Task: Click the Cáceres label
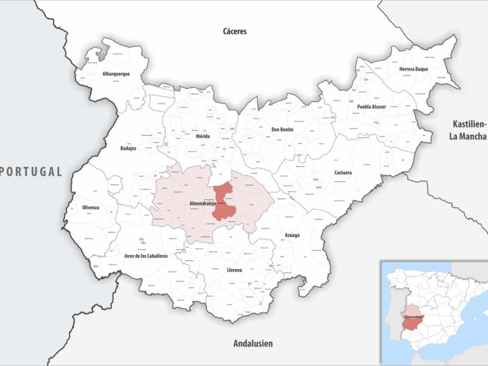234,31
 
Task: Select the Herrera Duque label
414,69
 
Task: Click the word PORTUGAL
32,171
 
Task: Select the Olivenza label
91,208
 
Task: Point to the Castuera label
343,173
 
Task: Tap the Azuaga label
292,234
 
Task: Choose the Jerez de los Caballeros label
146,256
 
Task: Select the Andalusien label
253,343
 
